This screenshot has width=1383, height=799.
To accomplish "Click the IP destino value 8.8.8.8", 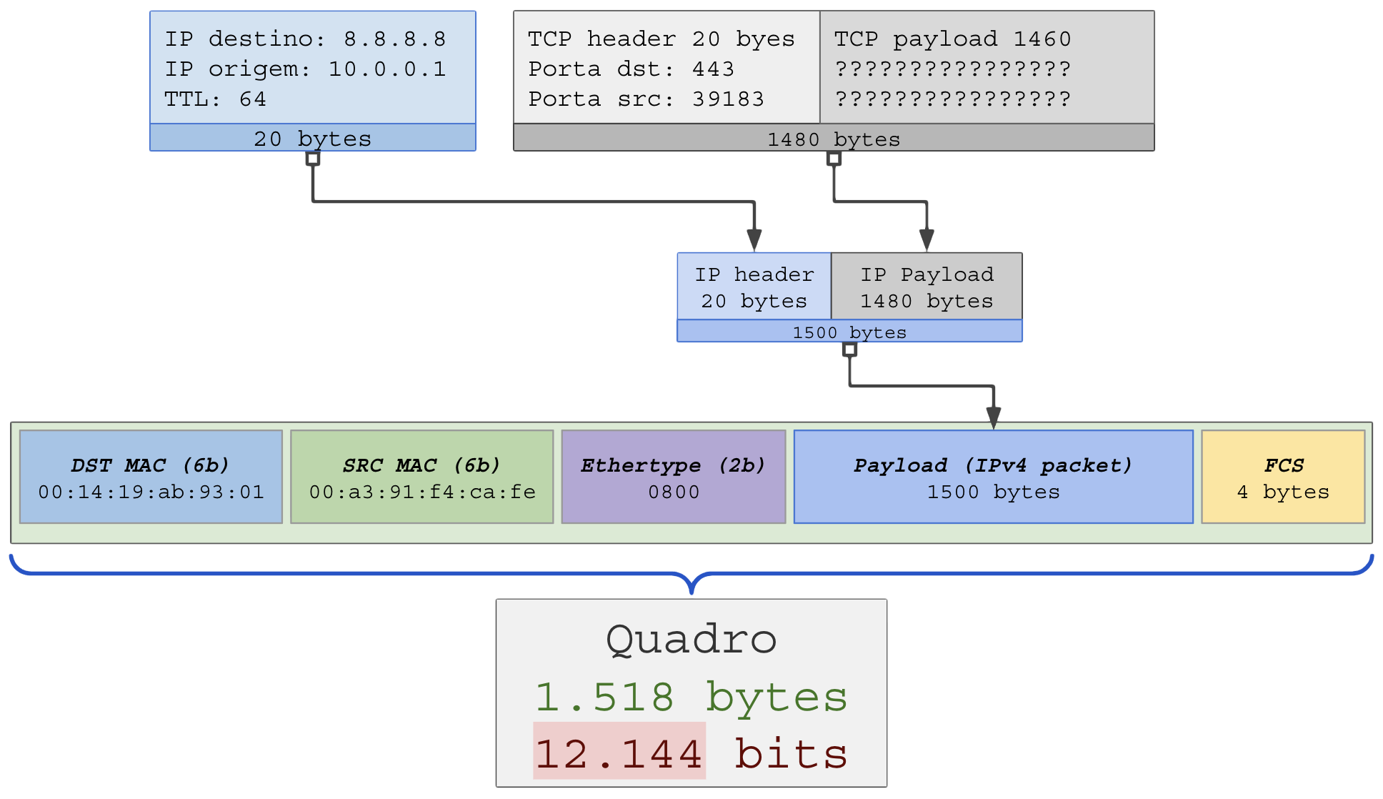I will point(394,39).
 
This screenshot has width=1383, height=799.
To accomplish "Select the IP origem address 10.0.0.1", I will point(386,69).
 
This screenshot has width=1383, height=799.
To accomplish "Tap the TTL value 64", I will point(252,99).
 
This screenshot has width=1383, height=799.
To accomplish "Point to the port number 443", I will point(713,69).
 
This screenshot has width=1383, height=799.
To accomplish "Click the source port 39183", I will point(728,99).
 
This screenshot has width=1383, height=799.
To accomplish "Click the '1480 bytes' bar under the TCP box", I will point(834,139).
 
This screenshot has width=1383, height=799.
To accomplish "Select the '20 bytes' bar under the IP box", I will point(312,138).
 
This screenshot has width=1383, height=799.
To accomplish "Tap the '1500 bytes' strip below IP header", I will point(849,332).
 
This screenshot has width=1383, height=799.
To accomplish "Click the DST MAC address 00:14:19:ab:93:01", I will point(151,492).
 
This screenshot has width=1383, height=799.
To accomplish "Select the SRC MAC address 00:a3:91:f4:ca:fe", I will point(422,492).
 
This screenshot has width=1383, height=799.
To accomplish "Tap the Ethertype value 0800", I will point(674,492).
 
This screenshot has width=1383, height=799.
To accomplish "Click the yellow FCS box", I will point(1283,477).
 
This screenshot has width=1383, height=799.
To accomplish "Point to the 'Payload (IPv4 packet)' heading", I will point(993,466).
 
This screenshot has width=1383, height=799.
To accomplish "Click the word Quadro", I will point(691,639).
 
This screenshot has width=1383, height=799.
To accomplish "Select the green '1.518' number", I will point(604,698).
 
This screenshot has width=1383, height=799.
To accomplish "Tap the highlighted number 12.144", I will point(619,754).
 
